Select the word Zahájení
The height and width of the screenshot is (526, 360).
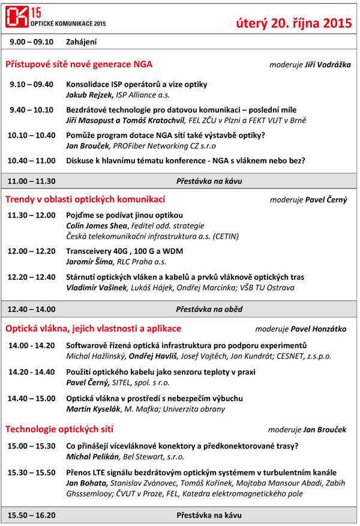[81, 42]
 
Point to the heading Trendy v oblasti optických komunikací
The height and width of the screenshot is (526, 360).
[85, 199]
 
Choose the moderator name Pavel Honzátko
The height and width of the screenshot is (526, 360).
[318, 329]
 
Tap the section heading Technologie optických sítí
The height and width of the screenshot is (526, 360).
[59, 429]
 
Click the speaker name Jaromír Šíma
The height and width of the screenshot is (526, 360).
[90, 262]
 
